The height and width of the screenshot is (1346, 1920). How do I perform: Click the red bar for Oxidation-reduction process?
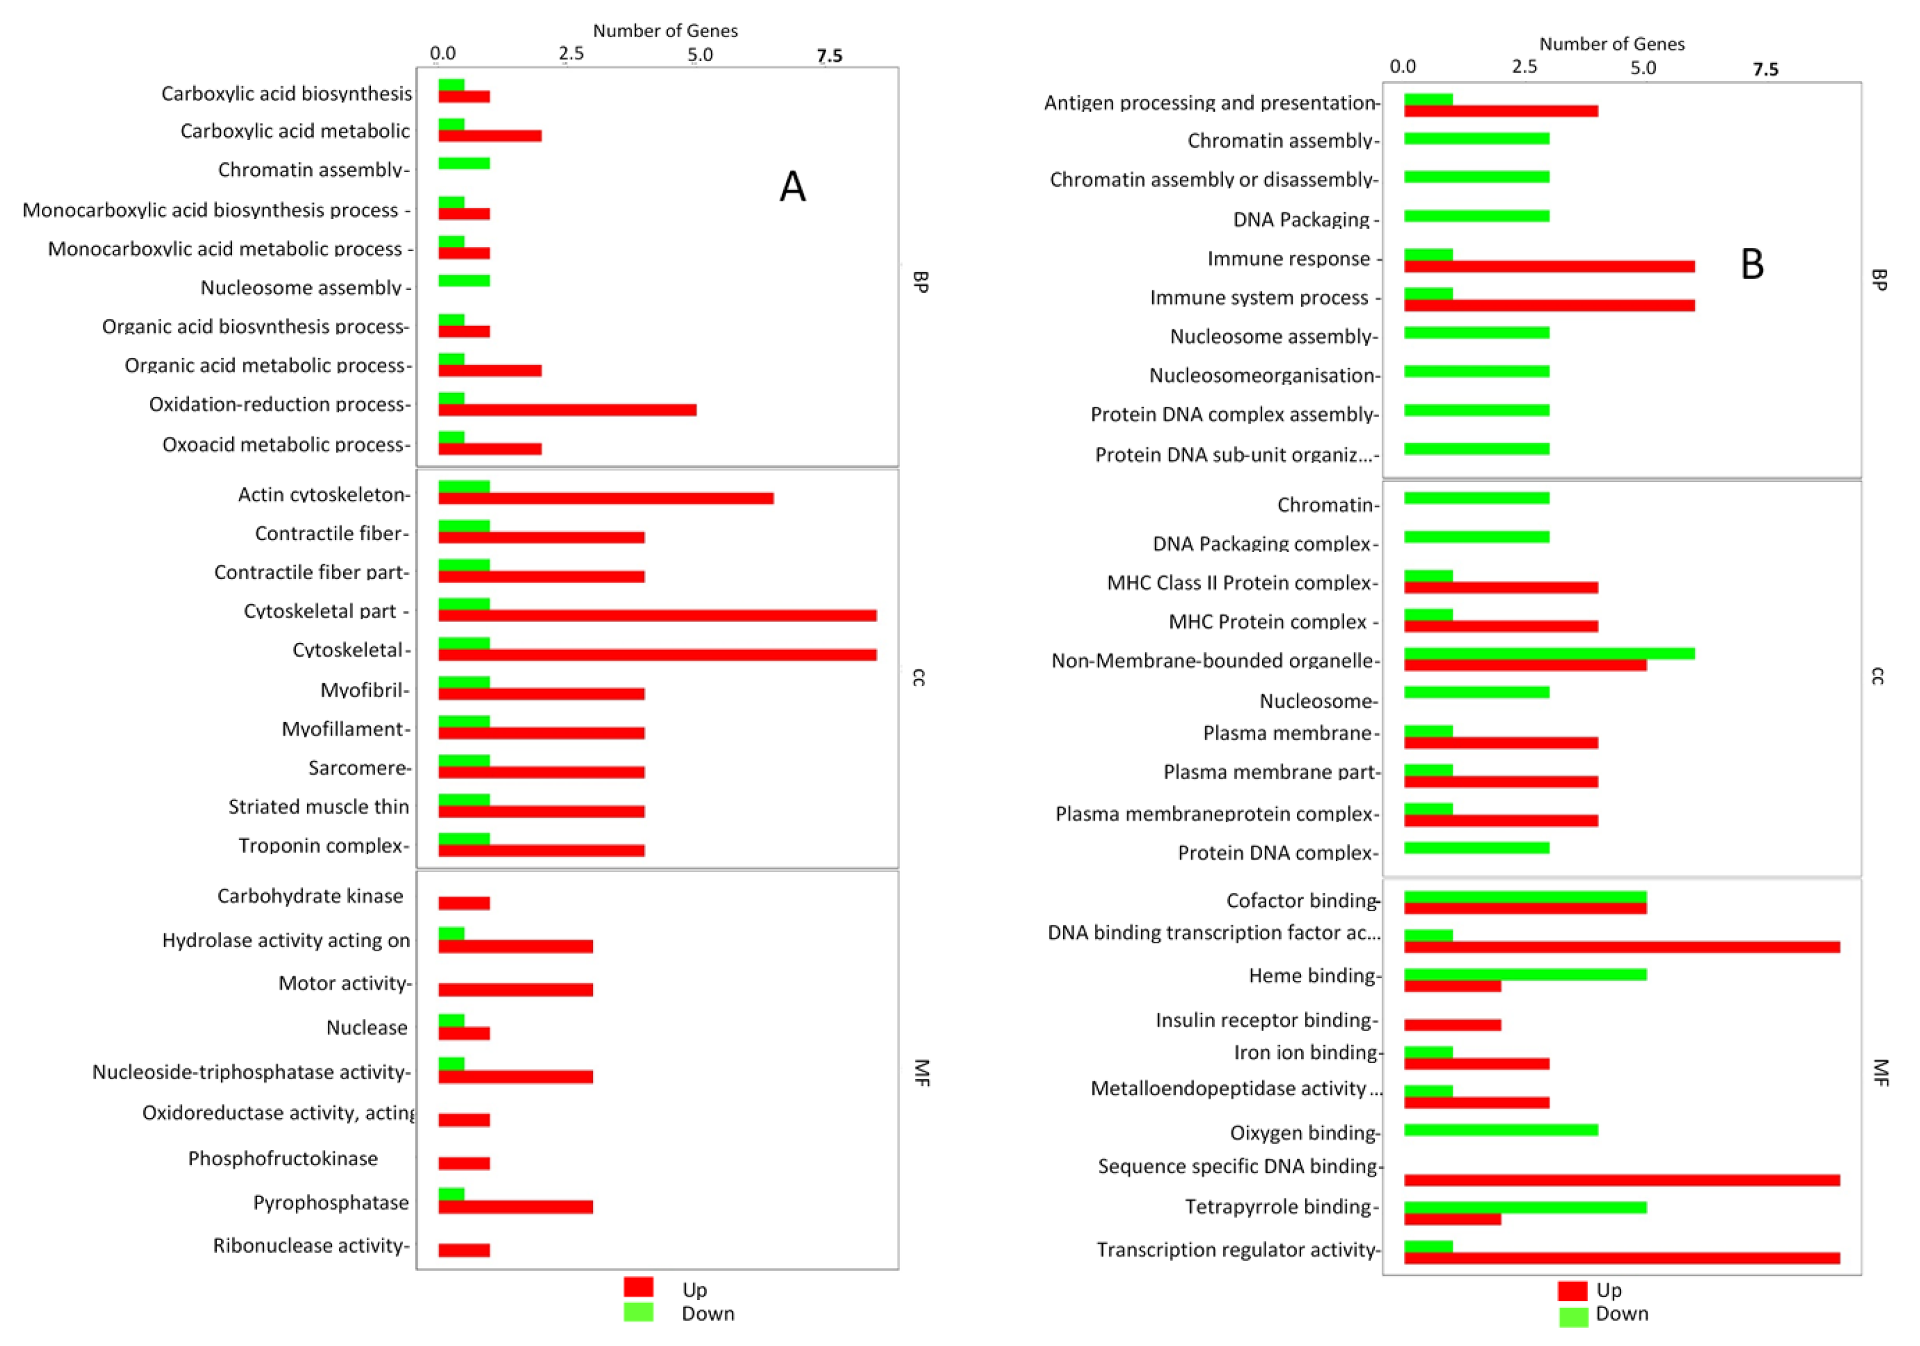(x=567, y=410)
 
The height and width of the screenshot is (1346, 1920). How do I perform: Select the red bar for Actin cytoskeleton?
(x=605, y=499)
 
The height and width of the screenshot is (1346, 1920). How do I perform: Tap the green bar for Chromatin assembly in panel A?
(x=464, y=163)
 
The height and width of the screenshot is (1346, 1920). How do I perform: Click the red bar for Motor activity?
(x=515, y=990)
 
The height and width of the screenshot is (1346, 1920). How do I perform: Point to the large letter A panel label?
(x=792, y=187)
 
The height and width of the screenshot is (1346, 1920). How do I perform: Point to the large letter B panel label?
(x=1751, y=264)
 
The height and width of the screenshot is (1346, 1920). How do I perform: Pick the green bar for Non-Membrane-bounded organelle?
(x=1549, y=654)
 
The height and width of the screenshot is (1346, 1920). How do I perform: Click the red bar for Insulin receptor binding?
(x=1452, y=1025)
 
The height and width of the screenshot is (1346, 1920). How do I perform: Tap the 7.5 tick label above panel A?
(x=829, y=56)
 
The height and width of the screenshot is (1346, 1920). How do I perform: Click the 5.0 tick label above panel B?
(x=1642, y=69)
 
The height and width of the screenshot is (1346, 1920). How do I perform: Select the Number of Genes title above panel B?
(x=1612, y=44)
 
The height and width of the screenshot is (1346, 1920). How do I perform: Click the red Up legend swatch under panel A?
(x=638, y=1286)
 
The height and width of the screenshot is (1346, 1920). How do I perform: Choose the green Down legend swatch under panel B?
(x=1573, y=1316)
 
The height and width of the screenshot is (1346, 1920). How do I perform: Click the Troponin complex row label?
(x=324, y=846)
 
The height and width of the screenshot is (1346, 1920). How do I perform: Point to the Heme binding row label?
(x=1311, y=976)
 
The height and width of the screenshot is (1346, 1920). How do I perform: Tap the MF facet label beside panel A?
(x=921, y=1072)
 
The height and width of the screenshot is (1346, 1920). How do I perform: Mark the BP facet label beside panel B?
(x=1878, y=280)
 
